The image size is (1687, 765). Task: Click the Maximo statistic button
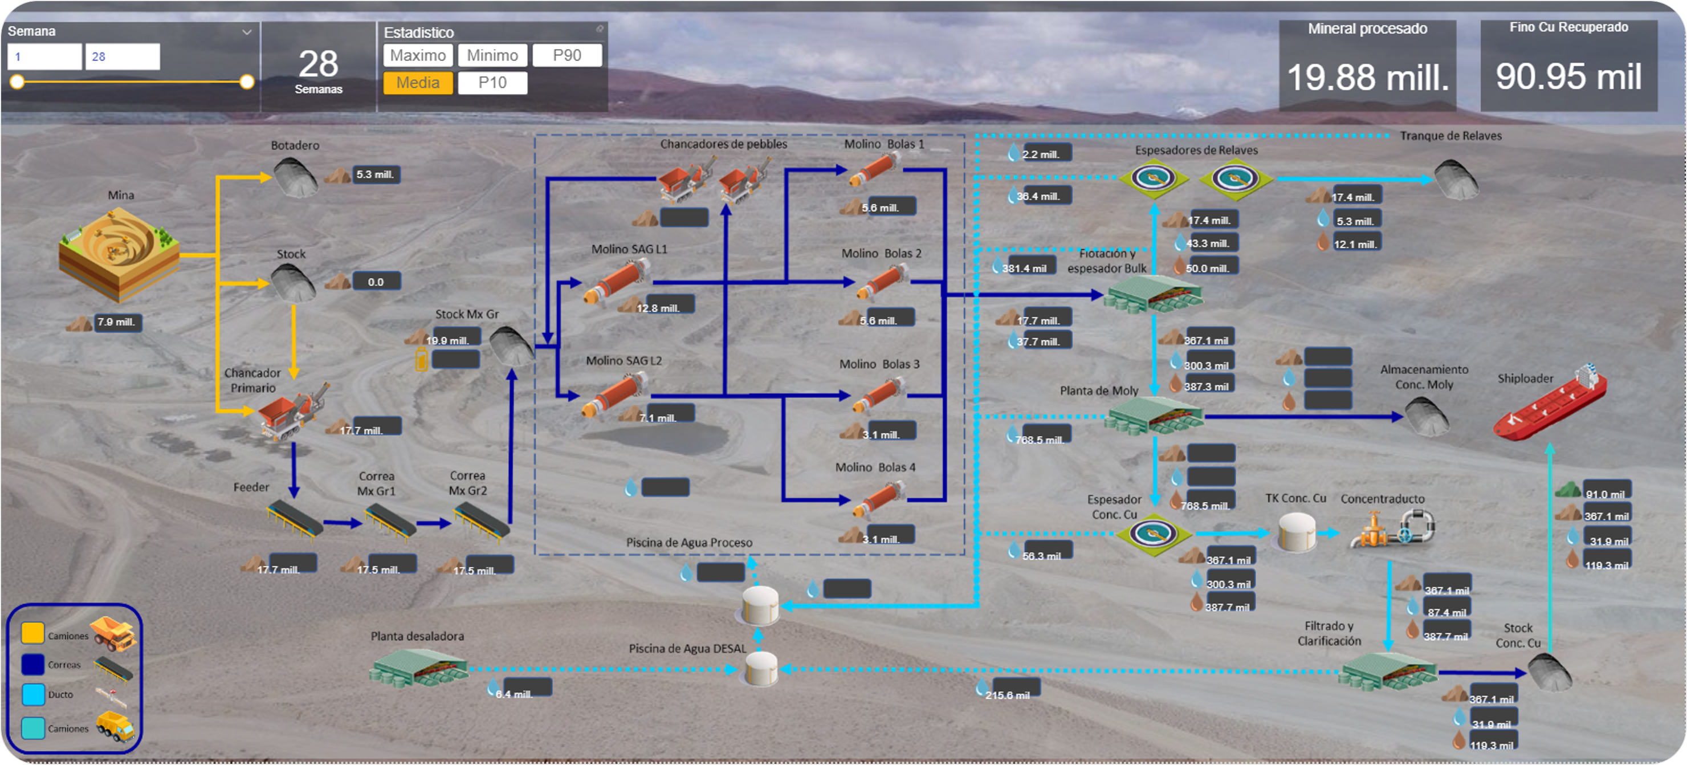(x=418, y=56)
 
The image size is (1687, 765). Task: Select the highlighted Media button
(x=418, y=83)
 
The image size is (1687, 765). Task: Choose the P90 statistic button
(x=567, y=56)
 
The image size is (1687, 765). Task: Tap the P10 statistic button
(x=492, y=83)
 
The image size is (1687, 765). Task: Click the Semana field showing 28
(x=123, y=57)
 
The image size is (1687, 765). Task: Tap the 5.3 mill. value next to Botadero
(x=375, y=175)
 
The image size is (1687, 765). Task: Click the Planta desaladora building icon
(x=418, y=668)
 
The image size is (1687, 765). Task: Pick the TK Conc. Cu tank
(x=1297, y=531)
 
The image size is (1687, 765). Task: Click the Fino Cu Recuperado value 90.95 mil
(x=1568, y=76)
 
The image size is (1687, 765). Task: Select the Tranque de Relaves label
(x=1450, y=136)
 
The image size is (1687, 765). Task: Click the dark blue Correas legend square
(x=32, y=664)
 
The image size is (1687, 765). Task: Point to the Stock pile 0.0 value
(x=376, y=282)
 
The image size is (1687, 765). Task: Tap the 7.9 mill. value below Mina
(x=117, y=322)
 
